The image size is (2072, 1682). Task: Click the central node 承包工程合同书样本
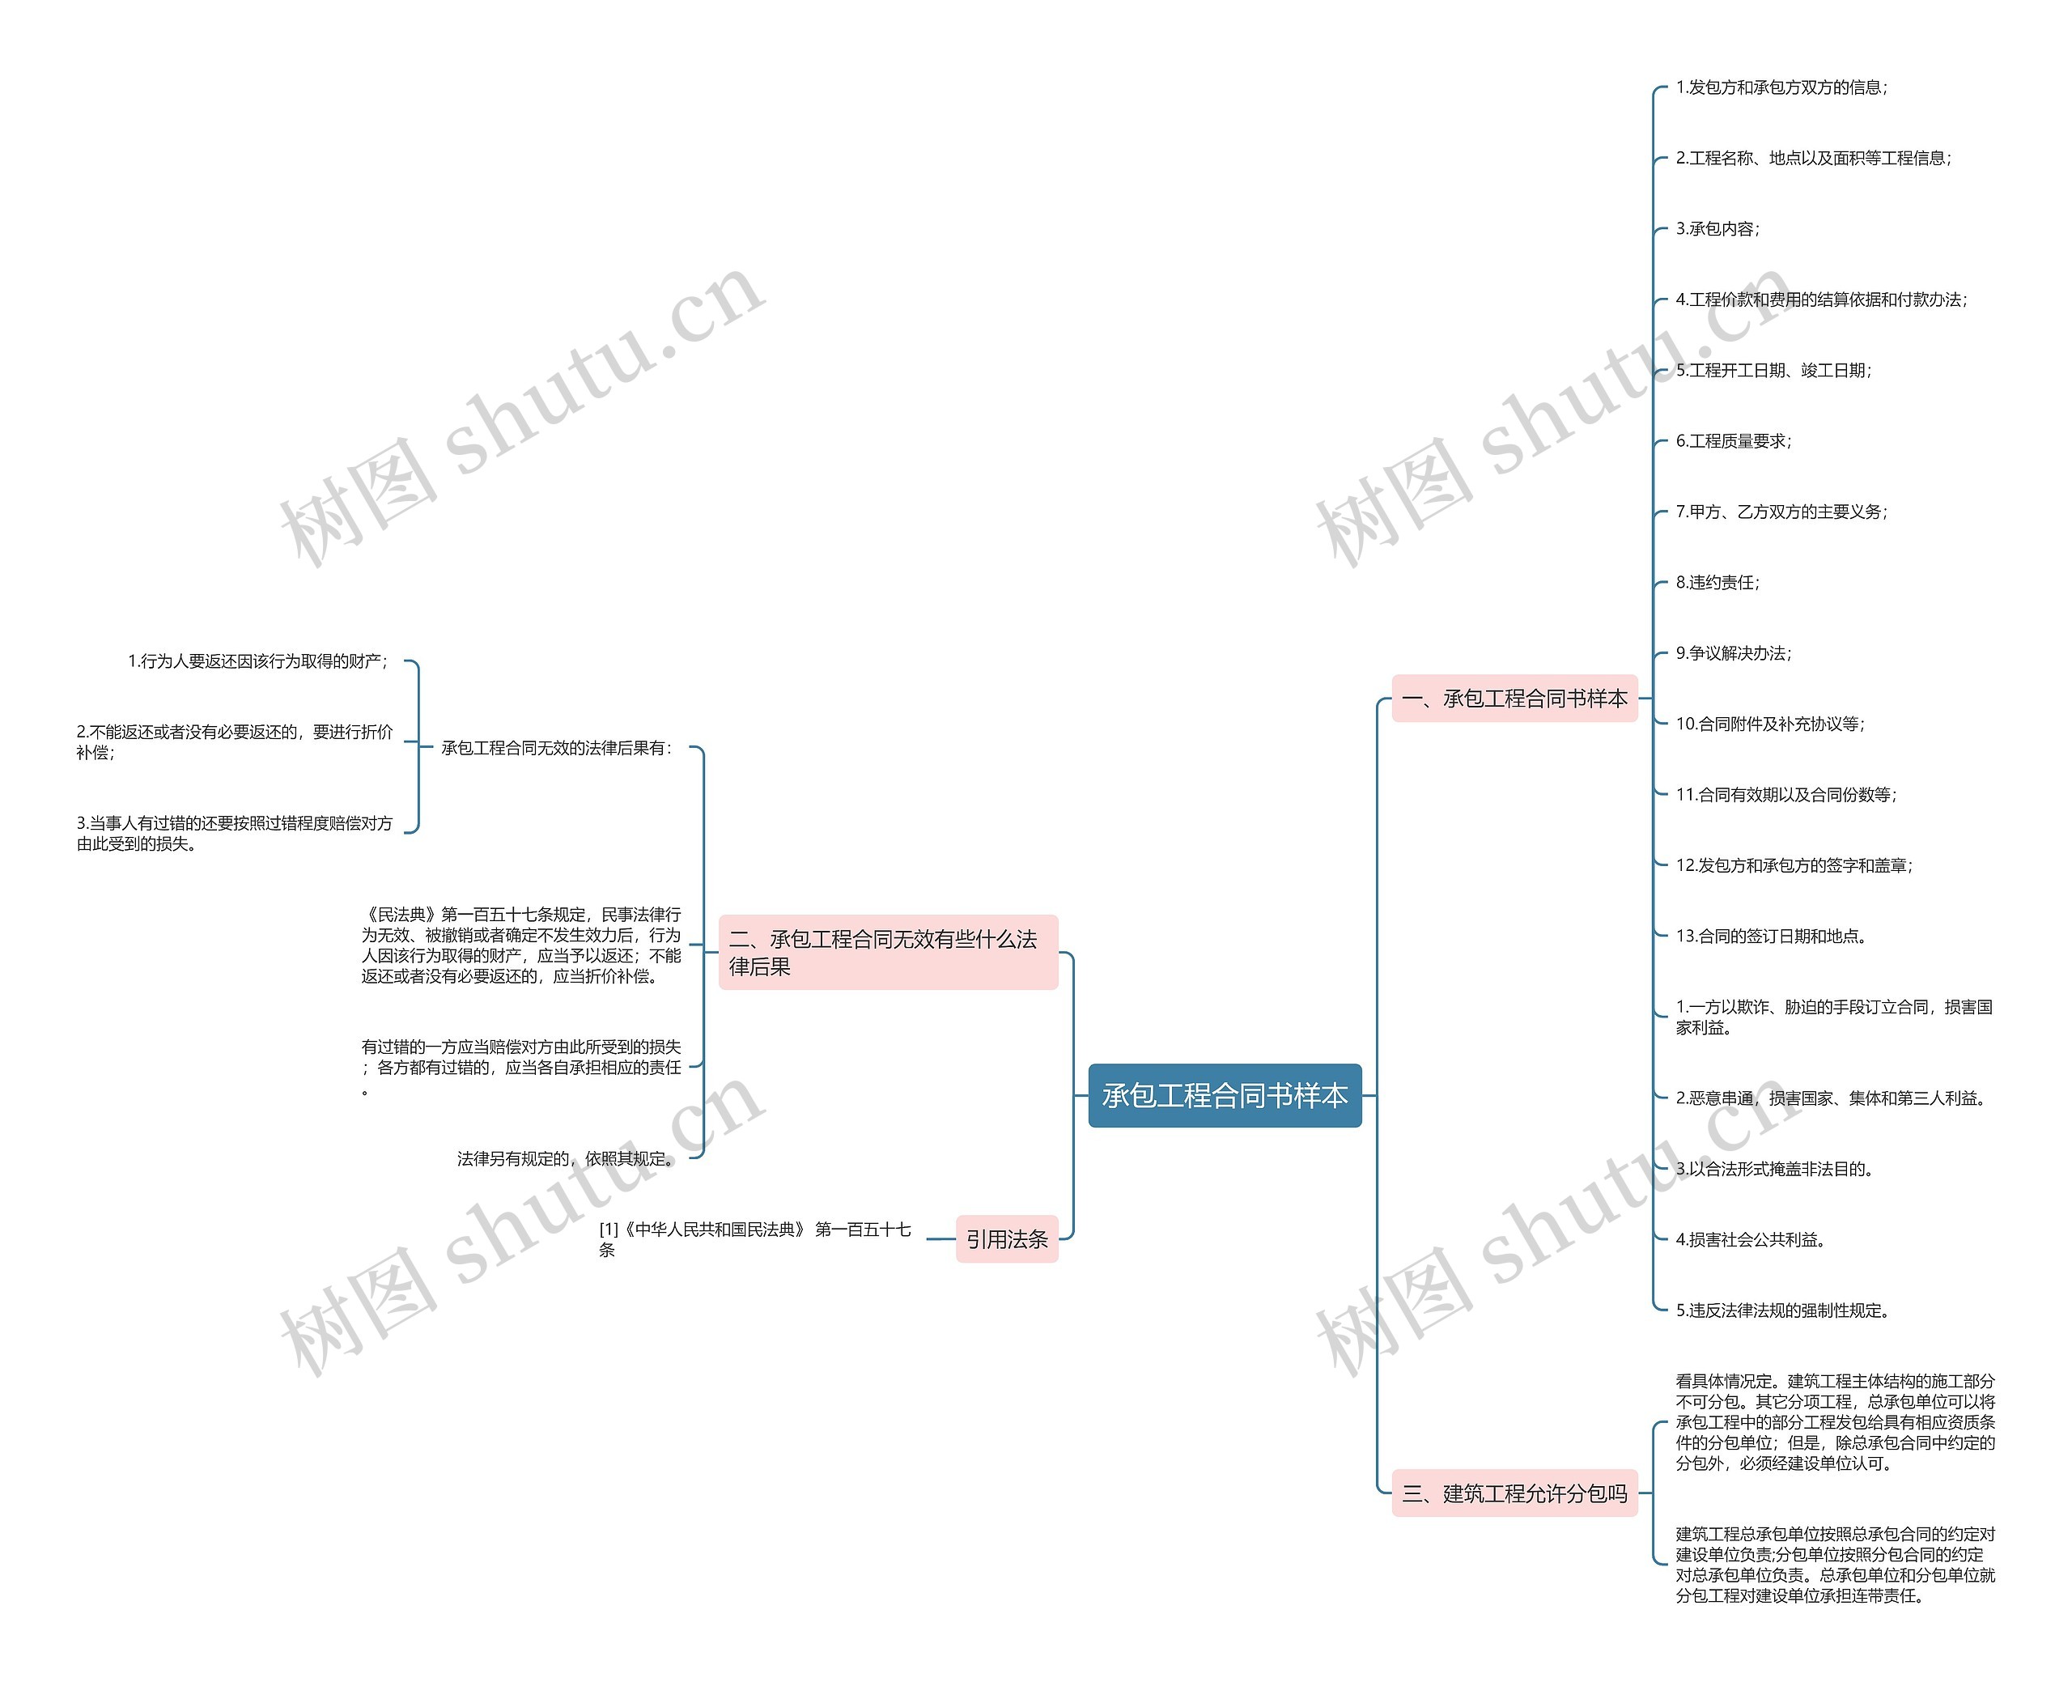tap(1224, 1095)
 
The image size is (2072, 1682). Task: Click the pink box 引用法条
tap(1005, 1238)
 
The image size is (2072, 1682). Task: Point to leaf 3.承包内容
tap(1717, 228)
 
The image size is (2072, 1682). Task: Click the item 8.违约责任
tap(1717, 582)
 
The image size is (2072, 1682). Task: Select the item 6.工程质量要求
tap(1733, 441)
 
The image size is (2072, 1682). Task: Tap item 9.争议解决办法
tap(1733, 653)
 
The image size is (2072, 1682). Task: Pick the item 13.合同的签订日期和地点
tap(1771, 936)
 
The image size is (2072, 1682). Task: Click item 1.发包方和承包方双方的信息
tap(1781, 87)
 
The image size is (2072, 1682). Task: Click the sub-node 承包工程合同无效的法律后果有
tap(556, 748)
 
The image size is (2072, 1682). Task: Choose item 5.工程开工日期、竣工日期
tap(1773, 370)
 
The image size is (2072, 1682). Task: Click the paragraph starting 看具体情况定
tap(1834, 1421)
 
